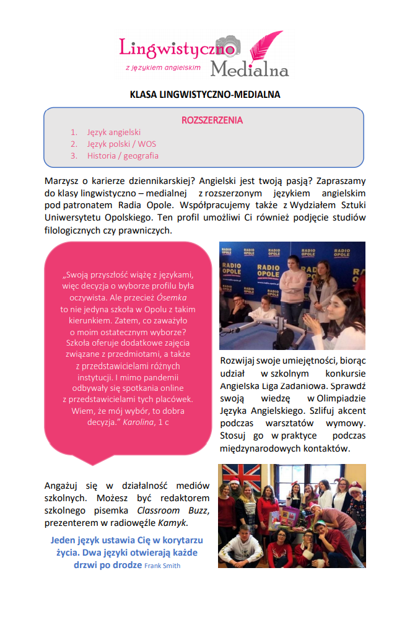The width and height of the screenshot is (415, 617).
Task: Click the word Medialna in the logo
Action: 249,69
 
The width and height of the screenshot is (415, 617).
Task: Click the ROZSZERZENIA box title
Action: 212,120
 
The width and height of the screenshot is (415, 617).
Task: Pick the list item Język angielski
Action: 114,132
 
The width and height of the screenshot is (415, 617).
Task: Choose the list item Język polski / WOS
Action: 121,144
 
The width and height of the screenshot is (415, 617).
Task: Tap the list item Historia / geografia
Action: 123,155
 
